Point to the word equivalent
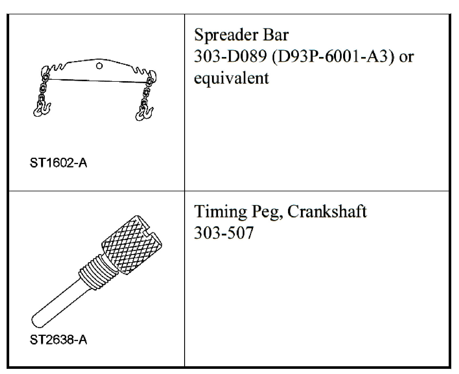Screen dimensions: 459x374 point(232,78)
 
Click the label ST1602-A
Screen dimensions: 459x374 point(59,163)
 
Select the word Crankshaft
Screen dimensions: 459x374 point(327,212)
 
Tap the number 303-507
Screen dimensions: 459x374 point(224,233)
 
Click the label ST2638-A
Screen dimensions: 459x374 point(59,340)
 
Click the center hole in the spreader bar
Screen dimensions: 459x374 point(99,66)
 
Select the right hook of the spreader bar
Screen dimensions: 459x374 point(144,113)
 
